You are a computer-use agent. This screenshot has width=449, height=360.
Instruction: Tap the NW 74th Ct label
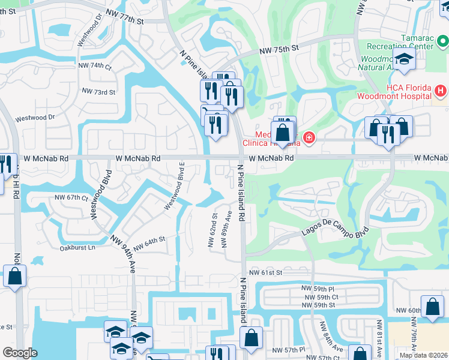95,66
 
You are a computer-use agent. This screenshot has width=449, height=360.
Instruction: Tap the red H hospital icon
441,91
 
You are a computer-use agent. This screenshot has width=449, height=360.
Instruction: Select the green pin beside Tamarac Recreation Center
443,41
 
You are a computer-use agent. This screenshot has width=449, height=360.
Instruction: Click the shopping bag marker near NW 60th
432,307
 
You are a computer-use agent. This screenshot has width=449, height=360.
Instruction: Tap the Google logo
20,353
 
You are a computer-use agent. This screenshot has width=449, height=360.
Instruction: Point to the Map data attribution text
423,355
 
